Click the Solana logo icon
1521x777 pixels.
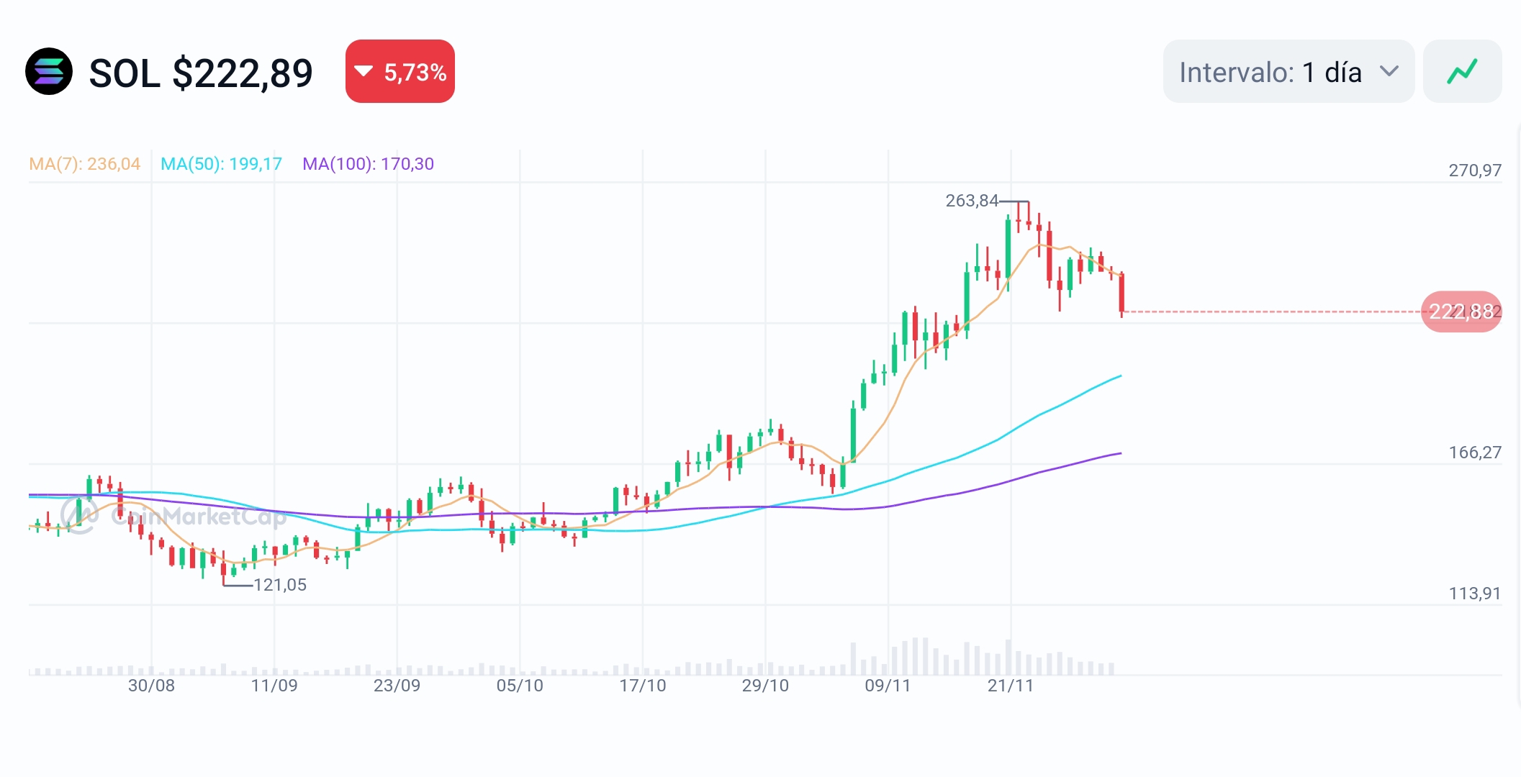49,72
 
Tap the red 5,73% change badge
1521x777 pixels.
400,72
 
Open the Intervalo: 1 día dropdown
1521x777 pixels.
1288,72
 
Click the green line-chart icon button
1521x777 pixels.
1462,72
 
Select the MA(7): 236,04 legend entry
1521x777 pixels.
85,164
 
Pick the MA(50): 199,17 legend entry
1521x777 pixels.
221,164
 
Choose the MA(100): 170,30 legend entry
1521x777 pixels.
368,164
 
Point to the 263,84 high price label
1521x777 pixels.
972,201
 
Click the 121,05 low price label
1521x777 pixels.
280,585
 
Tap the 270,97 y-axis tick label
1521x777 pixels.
1475,171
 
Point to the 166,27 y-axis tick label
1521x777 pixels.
1475,453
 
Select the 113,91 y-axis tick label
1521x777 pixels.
1475,594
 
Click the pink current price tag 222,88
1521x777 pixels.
1461,312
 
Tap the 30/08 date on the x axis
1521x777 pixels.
151,686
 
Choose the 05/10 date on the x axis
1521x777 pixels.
520,686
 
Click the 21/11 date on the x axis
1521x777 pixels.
1011,686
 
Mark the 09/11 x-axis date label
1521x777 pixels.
888,686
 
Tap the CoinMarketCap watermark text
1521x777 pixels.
198,516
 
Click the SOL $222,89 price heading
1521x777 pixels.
201,73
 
